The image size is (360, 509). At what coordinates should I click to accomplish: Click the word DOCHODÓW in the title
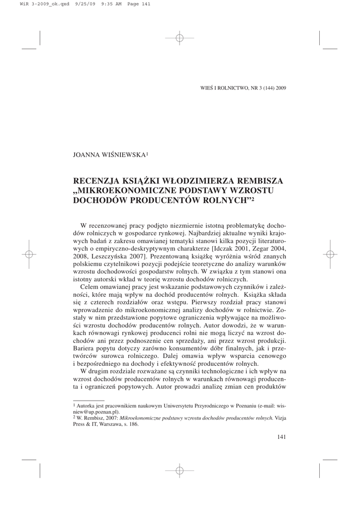tap(97, 201)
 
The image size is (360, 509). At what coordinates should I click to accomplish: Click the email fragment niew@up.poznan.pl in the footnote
tap(96, 412)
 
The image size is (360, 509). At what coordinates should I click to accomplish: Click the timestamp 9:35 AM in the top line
tap(105, 4)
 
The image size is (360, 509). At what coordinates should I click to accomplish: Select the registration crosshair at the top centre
tap(180, 38)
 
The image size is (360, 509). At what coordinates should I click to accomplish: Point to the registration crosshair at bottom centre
tap(180, 470)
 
